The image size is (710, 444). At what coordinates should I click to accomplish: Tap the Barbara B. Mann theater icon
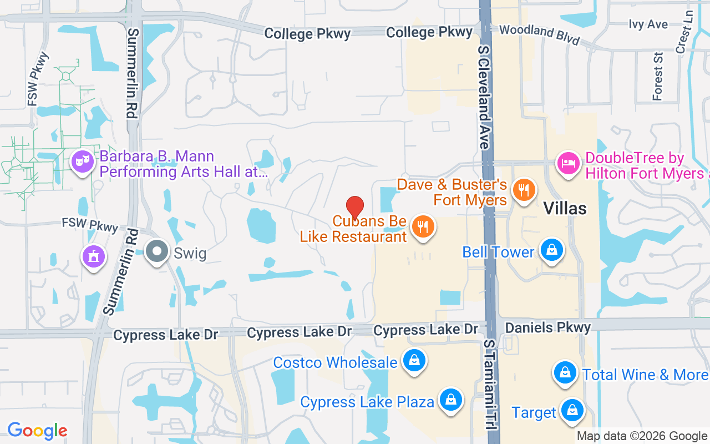click(83, 162)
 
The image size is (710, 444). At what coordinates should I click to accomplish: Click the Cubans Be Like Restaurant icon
click(423, 227)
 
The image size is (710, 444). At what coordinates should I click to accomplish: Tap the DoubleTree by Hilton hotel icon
click(568, 164)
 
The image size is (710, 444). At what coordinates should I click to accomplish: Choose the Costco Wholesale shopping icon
click(414, 361)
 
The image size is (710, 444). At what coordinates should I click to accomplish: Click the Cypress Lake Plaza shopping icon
click(451, 400)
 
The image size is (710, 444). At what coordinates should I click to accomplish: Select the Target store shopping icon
click(570, 411)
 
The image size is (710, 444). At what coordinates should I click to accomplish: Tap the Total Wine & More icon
click(565, 372)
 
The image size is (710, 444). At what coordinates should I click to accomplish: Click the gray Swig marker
click(158, 251)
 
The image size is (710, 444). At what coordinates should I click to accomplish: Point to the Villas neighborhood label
click(565, 208)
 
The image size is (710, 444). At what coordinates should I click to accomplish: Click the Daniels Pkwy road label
click(547, 327)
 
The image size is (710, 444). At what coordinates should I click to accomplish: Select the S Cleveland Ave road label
click(483, 97)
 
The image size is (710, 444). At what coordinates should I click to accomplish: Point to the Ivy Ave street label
click(648, 24)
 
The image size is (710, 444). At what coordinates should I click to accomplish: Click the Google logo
click(37, 431)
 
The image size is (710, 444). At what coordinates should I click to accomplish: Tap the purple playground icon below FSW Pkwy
click(94, 256)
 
